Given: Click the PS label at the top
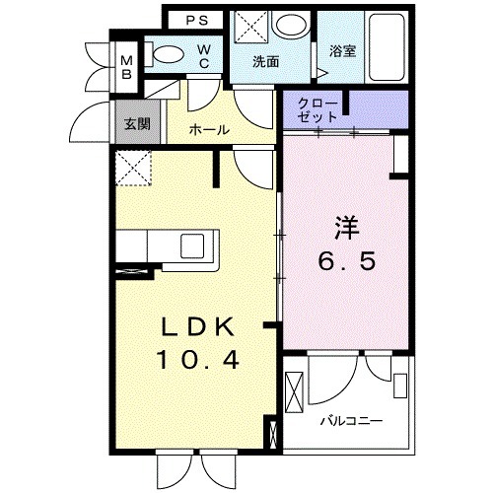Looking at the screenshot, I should point(193,20).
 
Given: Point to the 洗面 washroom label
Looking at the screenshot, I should point(264,61).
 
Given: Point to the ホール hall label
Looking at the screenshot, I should point(209,129).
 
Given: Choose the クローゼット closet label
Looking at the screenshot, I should point(317,108).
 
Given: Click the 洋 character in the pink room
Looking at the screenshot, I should point(344,227).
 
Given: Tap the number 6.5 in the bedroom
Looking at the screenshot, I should point(344,262).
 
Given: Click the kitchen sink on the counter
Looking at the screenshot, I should point(190,244).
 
